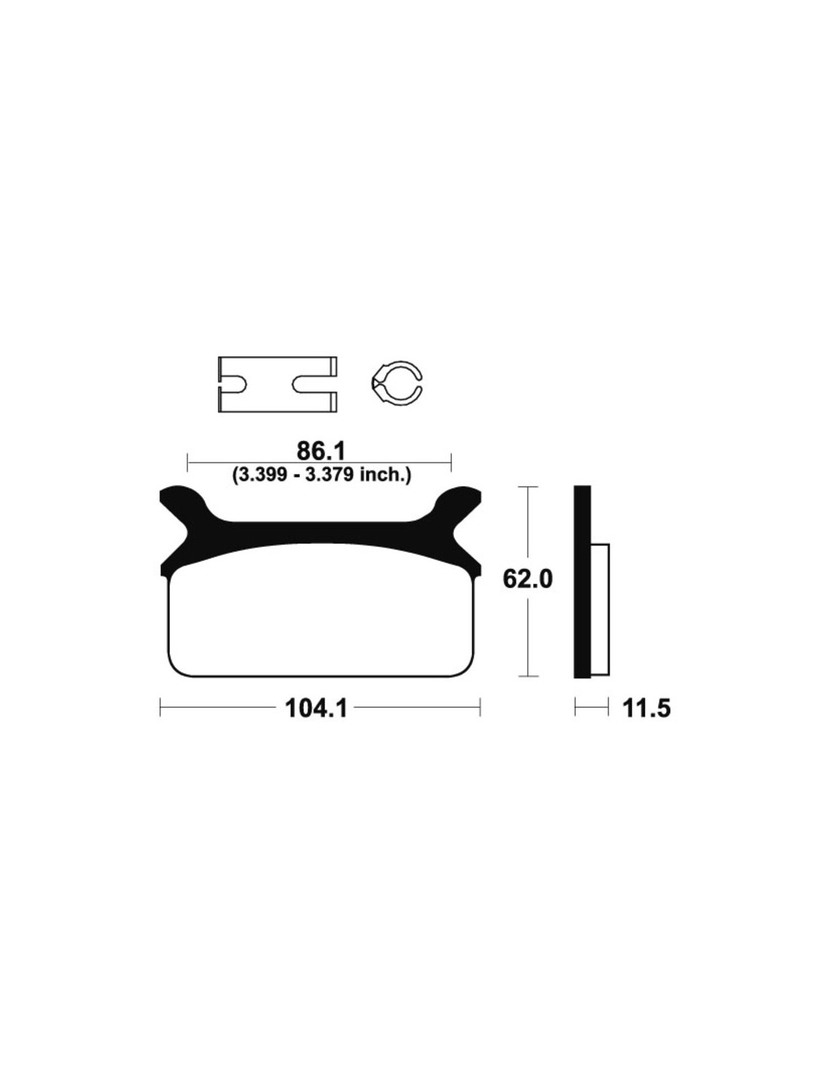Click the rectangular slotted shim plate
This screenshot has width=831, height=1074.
coord(277,384)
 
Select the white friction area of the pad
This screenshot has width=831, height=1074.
coord(321,613)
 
